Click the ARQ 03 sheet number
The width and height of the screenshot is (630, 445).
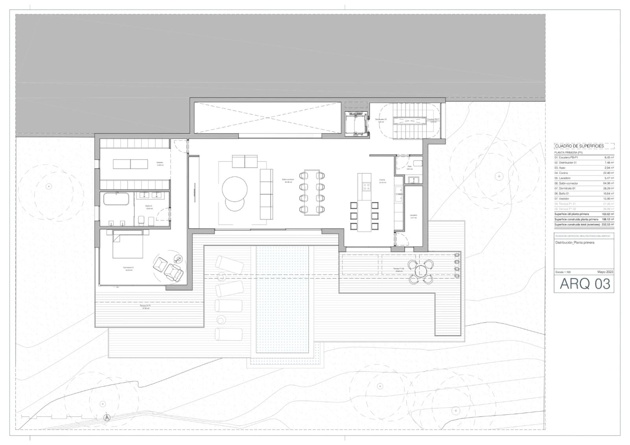click(584, 284)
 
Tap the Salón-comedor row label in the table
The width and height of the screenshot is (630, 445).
click(567, 183)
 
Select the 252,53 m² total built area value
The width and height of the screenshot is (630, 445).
click(606, 224)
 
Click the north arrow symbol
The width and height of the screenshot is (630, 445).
click(106, 418)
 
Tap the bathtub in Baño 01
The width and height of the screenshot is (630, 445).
click(117, 199)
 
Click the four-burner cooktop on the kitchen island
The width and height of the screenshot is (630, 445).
click(367, 186)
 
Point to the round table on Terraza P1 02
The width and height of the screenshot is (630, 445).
click(421, 271)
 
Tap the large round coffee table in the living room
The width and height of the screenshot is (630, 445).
click(235, 188)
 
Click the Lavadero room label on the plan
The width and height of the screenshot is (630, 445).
click(413, 216)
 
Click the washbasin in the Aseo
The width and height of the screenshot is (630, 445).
click(414, 180)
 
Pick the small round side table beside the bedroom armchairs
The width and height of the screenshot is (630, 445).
click(180, 259)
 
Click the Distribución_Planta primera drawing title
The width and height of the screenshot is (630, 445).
click(574, 243)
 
